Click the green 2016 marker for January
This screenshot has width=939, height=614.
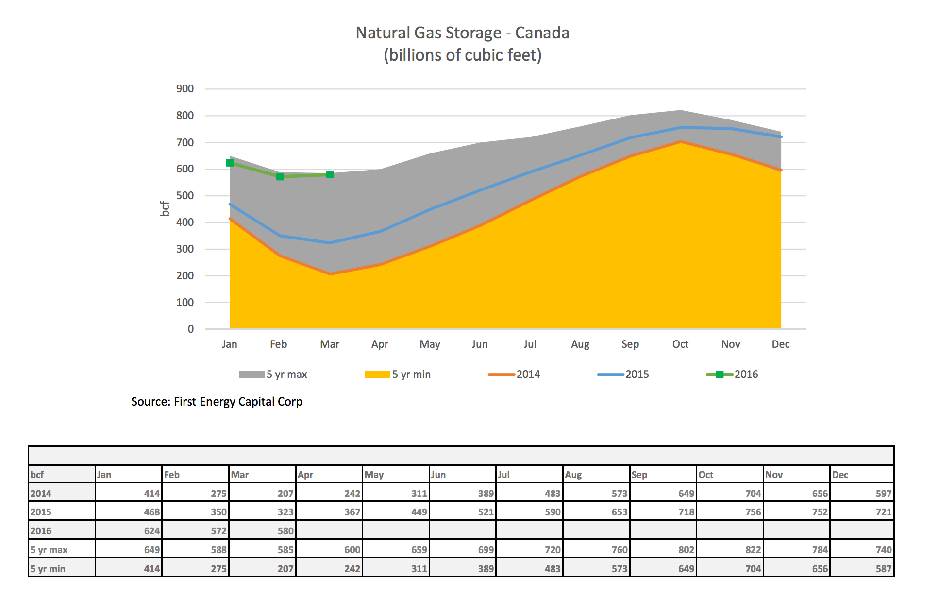point(230,163)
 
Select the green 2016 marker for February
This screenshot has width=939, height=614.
point(280,176)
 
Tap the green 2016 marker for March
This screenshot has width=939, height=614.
point(330,174)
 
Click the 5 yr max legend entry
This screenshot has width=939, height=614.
point(273,374)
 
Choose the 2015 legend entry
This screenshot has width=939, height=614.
point(623,374)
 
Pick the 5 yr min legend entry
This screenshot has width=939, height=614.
point(398,374)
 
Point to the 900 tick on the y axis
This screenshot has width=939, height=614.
point(185,89)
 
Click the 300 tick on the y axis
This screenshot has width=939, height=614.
point(185,249)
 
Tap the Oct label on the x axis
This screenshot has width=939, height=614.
point(680,344)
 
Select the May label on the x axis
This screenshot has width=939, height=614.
point(430,344)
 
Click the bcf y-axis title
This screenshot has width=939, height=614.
point(165,208)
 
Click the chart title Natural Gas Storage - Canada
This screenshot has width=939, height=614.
point(462,33)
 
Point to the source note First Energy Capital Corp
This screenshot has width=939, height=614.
point(217,402)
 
